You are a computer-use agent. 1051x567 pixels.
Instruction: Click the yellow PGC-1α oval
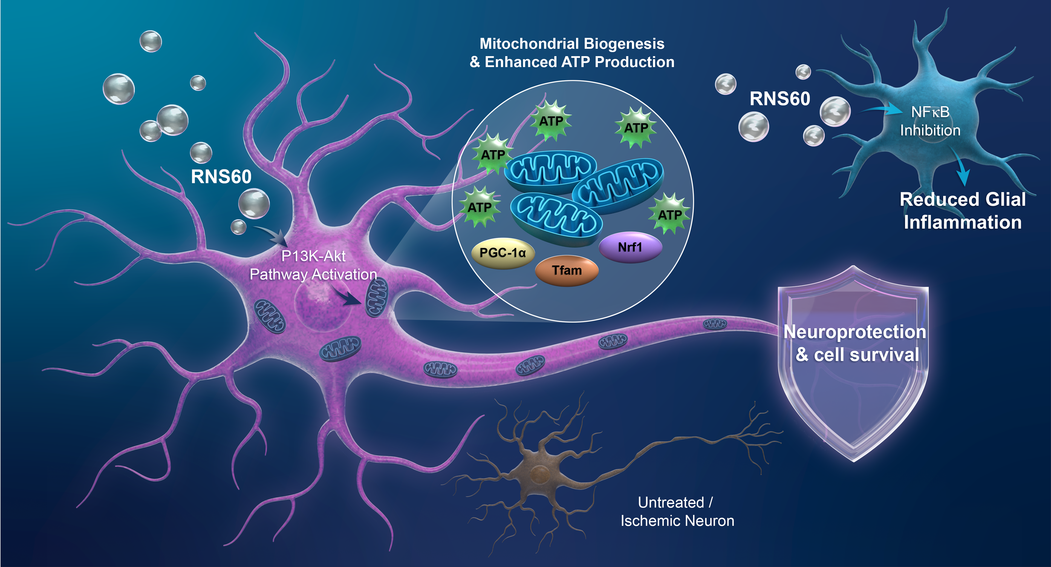coord(503,253)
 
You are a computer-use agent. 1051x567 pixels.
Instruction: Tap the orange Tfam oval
coord(567,270)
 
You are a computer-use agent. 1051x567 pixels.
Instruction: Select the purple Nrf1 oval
coord(630,247)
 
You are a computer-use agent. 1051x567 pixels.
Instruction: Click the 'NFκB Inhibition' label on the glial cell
coord(930,121)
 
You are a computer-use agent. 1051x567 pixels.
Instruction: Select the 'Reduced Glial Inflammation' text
coord(963,211)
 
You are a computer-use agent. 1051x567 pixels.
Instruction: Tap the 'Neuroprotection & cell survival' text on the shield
coord(855,343)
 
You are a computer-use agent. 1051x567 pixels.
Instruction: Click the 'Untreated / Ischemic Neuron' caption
coord(677,511)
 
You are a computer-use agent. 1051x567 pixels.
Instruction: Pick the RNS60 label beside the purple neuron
coord(221,177)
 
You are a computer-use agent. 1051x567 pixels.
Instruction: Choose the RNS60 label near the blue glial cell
coord(780,99)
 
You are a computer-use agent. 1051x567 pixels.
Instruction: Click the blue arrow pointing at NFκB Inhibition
coord(881,109)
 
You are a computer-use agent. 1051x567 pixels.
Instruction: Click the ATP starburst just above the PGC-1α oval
coord(480,207)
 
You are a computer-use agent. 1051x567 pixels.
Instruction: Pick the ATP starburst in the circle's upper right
coord(636,128)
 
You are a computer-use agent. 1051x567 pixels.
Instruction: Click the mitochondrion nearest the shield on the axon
coord(715,324)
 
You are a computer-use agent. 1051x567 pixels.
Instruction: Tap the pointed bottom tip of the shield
coord(854,460)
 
